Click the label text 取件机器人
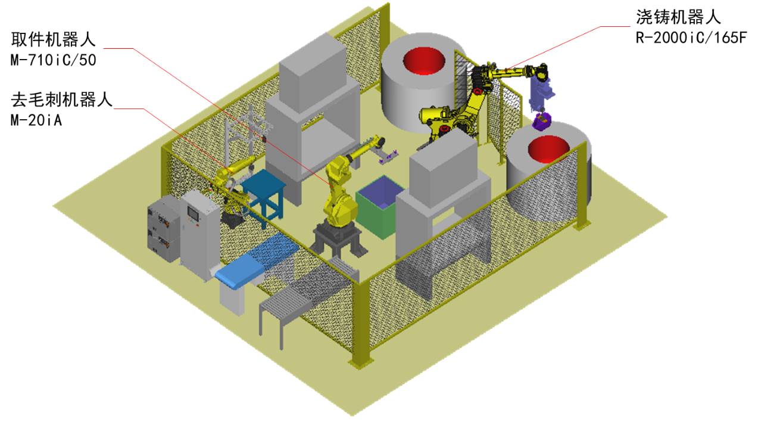coord(54,39)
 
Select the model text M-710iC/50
coord(54,60)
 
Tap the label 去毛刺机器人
coord(61,100)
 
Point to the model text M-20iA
coord(36,120)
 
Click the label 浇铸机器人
coord(678,17)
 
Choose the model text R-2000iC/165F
coord(691,38)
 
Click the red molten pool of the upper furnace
coord(424,61)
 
